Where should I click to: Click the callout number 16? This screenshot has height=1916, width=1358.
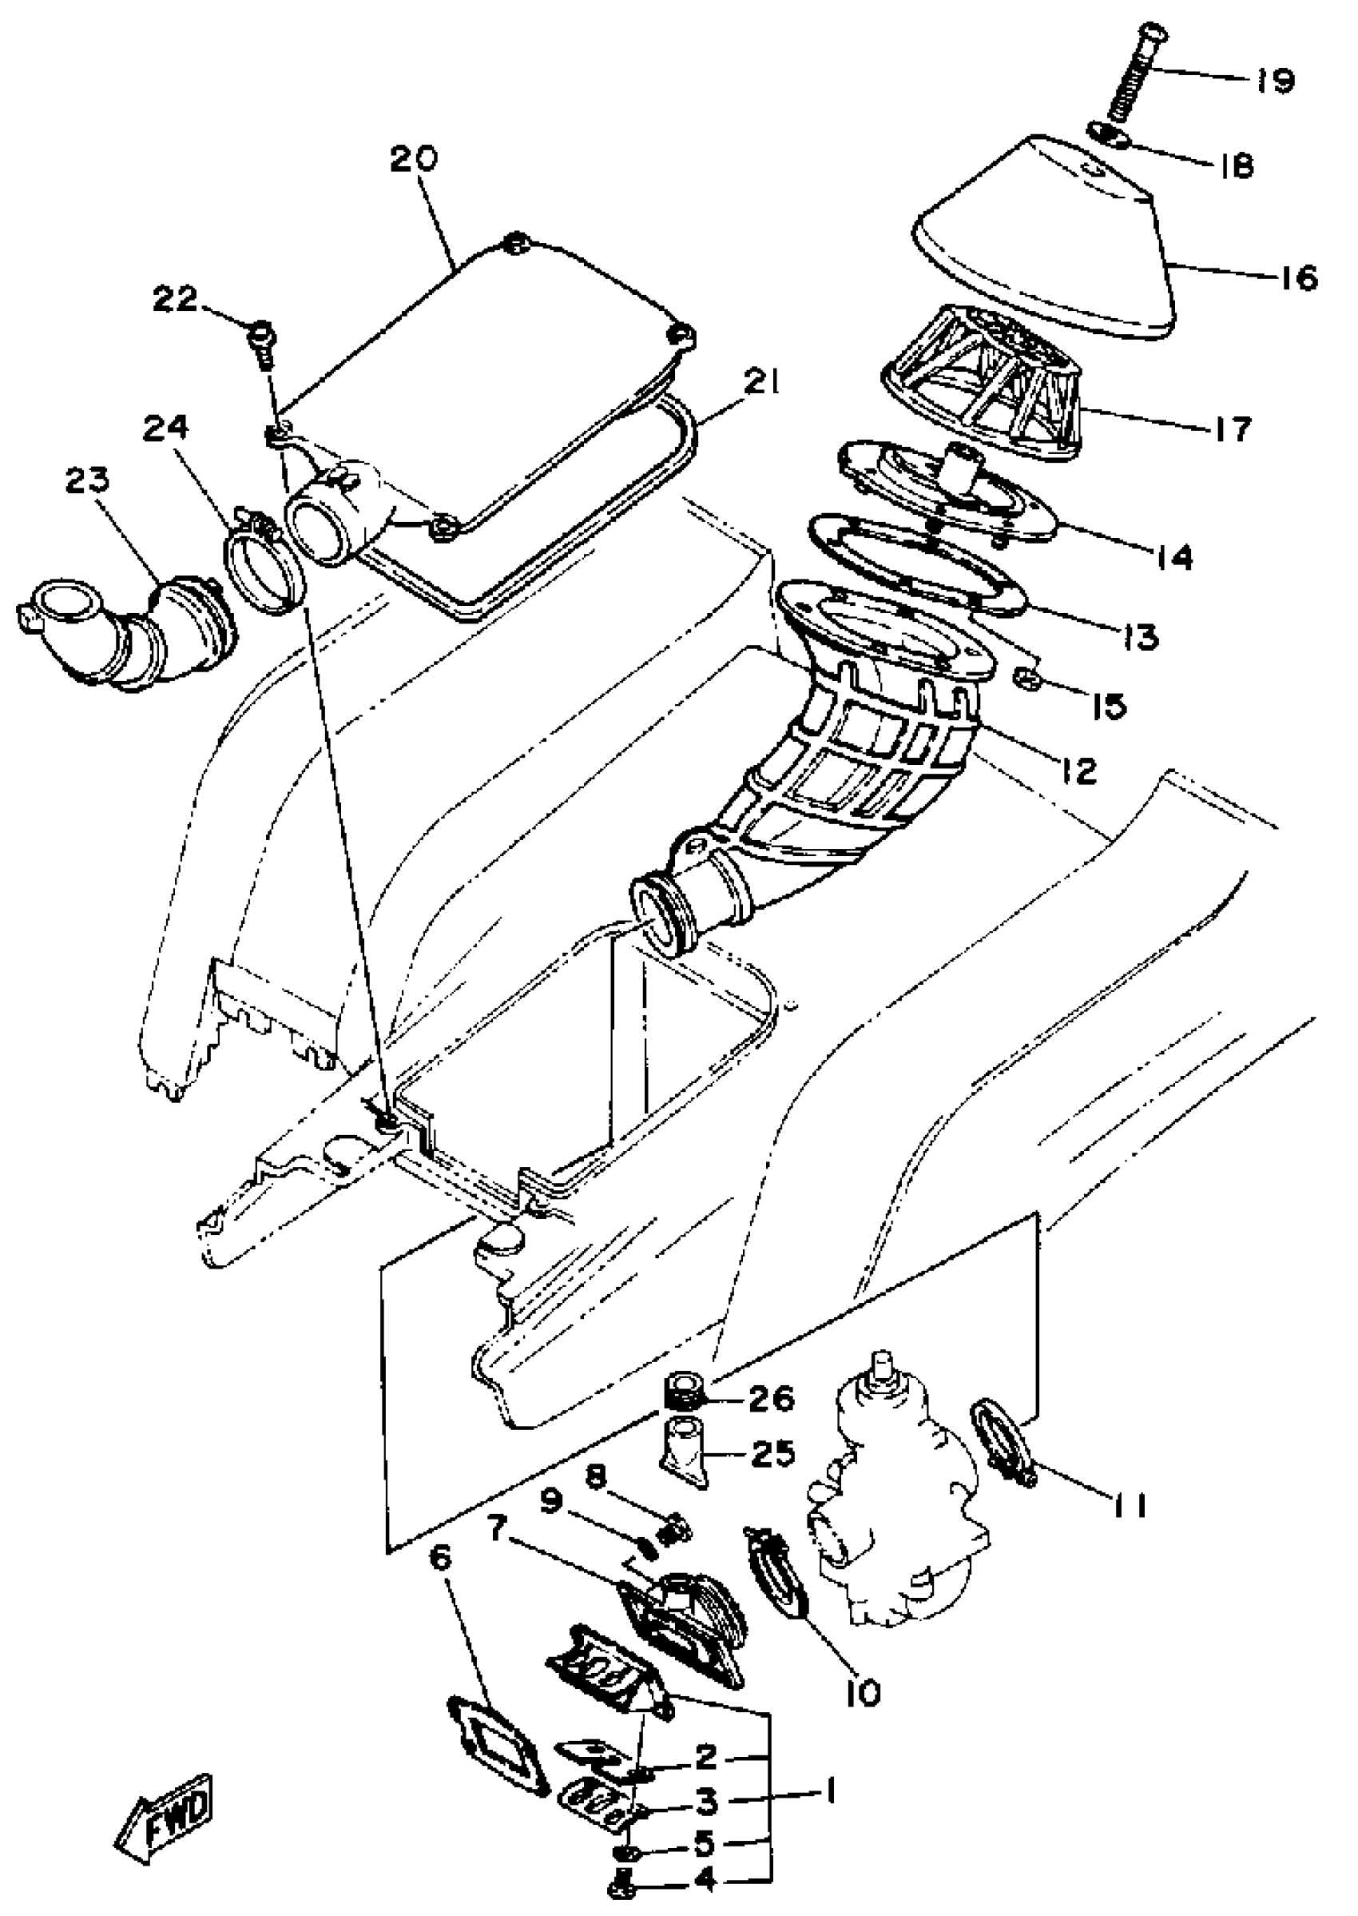[1298, 277]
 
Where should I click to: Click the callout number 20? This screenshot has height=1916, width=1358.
[414, 159]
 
